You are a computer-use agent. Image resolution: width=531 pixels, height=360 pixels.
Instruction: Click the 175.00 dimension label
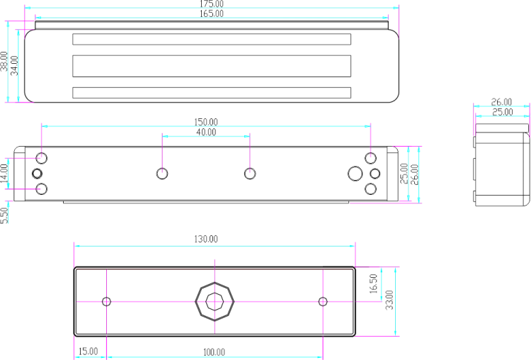click(x=211, y=4)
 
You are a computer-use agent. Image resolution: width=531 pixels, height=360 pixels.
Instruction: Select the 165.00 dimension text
click(x=211, y=13)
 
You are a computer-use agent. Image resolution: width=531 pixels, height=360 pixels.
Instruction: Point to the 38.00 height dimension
click(x=4, y=61)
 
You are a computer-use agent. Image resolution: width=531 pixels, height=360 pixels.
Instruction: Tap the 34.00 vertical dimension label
click(x=14, y=65)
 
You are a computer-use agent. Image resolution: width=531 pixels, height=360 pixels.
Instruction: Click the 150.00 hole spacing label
click(x=206, y=122)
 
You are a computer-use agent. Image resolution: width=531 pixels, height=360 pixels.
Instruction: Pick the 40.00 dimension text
click(x=206, y=132)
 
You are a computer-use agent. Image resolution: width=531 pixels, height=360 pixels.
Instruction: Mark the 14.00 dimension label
click(x=4, y=174)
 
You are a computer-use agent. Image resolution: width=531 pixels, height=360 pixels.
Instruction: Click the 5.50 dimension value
click(x=4, y=215)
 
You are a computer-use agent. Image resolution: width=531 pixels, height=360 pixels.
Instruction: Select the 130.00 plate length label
click(x=206, y=239)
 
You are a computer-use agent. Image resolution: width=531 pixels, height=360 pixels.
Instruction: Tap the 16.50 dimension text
click(x=373, y=283)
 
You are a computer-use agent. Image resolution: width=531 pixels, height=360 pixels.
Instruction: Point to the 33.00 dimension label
click(x=389, y=300)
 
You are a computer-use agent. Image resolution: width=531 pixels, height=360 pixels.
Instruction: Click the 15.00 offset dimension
click(x=88, y=351)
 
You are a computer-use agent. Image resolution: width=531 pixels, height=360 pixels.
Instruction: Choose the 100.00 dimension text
click(x=214, y=352)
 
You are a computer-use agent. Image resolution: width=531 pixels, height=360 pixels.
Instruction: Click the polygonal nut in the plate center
click(x=215, y=282)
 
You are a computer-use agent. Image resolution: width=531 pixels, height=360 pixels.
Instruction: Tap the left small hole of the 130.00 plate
click(x=106, y=298)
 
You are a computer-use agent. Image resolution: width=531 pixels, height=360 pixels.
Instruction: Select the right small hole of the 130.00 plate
click(x=323, y=298)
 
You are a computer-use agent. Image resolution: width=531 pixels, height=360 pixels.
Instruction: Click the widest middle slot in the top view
click(x=212, y=55)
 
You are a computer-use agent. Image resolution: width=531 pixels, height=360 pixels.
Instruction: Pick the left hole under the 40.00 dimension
click(x=162, y=169)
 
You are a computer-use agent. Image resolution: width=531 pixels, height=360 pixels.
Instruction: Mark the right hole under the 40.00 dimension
click(x=250, y=169)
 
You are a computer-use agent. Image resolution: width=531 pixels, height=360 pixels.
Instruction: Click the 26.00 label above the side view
click(x=501, y=102)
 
